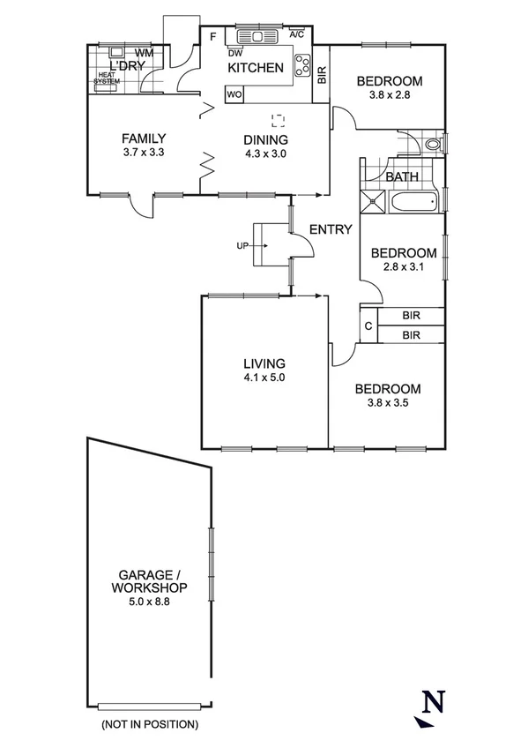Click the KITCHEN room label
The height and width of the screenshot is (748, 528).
point(256,68)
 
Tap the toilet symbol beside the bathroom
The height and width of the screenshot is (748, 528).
point(432,145)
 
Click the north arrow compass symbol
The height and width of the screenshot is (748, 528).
point(429,707)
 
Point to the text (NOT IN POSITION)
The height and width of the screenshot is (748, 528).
point(149,724)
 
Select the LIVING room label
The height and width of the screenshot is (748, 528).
point(264,363)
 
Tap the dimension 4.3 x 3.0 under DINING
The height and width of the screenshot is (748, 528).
point(266,153)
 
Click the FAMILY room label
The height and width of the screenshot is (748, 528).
point(144,138)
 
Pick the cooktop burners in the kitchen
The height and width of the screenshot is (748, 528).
point(302,64)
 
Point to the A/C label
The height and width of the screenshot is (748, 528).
point(297,34)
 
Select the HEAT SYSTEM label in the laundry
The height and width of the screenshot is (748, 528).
point(107,79)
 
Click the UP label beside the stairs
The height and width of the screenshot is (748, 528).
point(241,245)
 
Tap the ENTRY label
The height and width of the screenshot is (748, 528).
point(331,229)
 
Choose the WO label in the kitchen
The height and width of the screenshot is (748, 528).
point(234,93)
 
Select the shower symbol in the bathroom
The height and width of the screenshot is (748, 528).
point(373,202)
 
